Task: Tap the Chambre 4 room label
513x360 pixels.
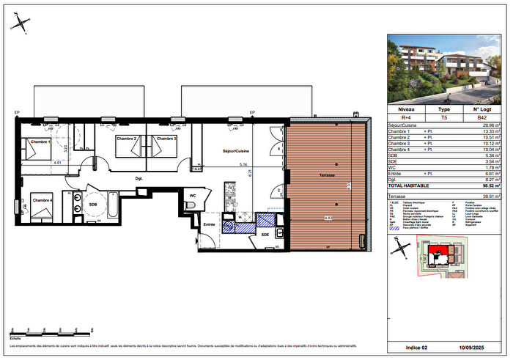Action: click(x=41, y=199)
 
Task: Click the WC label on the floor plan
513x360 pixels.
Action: click(x=191, y=196)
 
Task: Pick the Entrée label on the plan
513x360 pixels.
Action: click(x=210, y=224)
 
